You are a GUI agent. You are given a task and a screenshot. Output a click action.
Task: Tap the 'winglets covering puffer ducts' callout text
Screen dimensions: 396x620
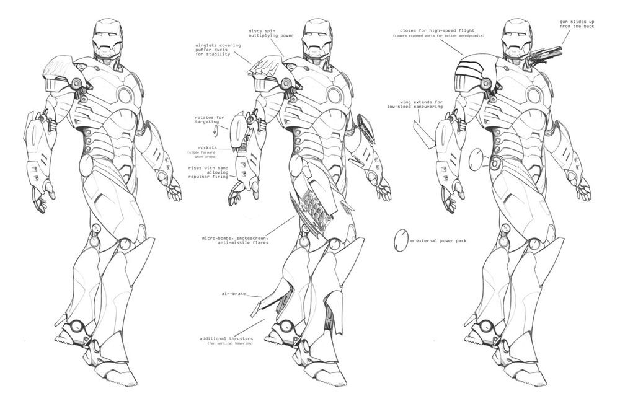(x=210, y=49)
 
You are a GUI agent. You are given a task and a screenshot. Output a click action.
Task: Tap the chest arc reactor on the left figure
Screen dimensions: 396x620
(x=125, y=95)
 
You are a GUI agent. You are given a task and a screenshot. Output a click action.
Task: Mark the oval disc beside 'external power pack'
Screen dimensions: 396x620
(x=401, y=240)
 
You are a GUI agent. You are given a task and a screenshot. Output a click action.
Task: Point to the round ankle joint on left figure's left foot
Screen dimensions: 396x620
(x=77, y=326)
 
